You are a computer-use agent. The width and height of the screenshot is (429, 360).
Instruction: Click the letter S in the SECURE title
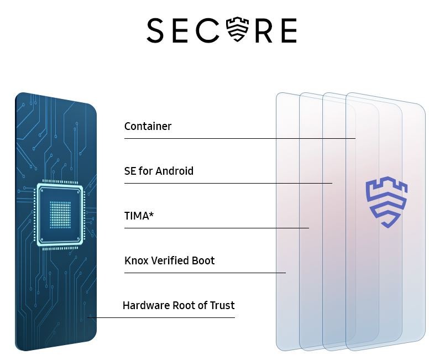[x=155, y=30]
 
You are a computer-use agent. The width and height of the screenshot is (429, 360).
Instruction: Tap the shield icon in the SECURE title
[x=238, y=29]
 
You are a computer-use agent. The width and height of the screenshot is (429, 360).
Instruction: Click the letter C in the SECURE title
[x=208, y=30]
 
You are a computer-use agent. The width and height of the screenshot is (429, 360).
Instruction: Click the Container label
[x=148, y=126]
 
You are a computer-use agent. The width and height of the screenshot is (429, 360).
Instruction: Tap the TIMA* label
[x=139, y=216]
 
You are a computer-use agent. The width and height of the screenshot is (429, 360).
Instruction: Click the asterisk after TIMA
[x=151, y=214]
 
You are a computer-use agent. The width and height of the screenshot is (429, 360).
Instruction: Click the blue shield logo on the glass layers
[x=386, y=202]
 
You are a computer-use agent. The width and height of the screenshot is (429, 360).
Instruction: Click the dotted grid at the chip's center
[x=60, y=215]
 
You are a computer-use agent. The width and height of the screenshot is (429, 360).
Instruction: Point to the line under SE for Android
[x=228, y=183]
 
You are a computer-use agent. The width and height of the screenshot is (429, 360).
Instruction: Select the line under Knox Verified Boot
[x=205, y=273]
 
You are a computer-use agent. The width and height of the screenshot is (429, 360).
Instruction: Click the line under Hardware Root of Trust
[x=161, y=317]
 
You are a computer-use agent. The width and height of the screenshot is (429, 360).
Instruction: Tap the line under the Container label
[x=240, y=138]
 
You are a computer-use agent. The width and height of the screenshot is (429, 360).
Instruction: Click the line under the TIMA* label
[x=217, y=228]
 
